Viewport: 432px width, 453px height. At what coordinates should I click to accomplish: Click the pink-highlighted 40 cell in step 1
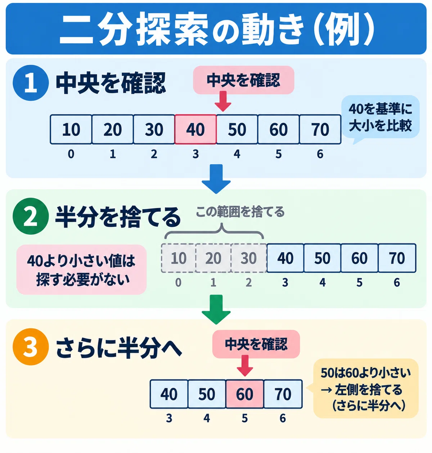tap(195, 129)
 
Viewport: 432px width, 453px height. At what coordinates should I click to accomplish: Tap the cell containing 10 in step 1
tap(71, 129)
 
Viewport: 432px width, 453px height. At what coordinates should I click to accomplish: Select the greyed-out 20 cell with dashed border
tap(213, 258)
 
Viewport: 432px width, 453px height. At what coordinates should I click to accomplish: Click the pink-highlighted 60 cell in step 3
tap(245, 394)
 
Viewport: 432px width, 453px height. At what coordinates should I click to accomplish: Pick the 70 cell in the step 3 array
tap(283, 394)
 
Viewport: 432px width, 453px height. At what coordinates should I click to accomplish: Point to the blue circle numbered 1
tap(31, 83)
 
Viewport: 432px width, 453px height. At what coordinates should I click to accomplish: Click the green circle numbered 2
tap(31, 216)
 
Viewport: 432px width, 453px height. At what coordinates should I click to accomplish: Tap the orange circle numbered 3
tap(31, 347)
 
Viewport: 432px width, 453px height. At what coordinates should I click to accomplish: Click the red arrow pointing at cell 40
tap(223, 102)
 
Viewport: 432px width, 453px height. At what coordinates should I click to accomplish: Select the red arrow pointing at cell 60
tap(245, 365)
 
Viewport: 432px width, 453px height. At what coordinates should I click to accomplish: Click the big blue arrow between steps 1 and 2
tap(216, 179)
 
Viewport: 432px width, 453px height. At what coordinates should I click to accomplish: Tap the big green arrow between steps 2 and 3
tap(216, 309)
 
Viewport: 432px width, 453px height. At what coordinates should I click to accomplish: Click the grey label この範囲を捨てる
tap(240, 212)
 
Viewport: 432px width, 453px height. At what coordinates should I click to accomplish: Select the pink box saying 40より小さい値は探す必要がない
tap(81, 270)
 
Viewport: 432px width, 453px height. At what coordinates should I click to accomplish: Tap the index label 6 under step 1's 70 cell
tap(320, 154)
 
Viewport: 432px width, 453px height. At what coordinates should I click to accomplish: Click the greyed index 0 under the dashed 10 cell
tap(178, 282)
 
